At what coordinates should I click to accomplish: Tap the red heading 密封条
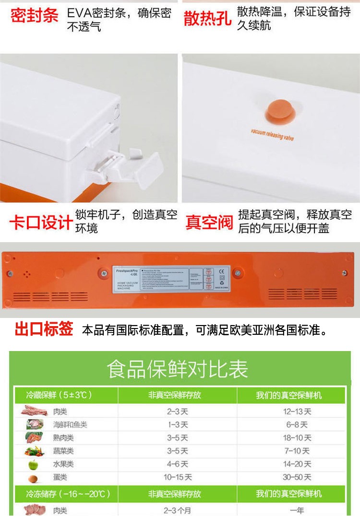(x=34, y=16)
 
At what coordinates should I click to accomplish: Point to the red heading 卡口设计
(x=40, y=223)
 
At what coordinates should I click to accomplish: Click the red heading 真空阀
(x=209, y=223)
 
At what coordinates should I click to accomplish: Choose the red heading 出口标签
(x=44, y=330)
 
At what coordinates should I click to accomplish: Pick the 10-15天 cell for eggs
(x=178, y=477)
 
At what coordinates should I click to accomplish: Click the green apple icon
(x=33, y=464)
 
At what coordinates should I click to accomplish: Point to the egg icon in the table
(x=33, y=478)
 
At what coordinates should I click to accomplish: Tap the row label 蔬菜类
(x=63, y=451)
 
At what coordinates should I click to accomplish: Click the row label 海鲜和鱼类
(x=70, y=425)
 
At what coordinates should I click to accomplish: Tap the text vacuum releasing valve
(x=271, y=134)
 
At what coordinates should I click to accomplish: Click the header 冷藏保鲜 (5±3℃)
(x=59, y=395)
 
